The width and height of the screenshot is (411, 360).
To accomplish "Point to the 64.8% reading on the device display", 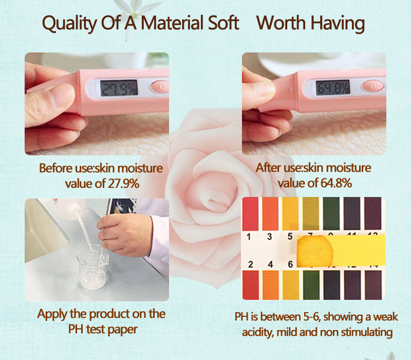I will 332,86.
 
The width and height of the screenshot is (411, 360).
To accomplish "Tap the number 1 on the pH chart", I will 249,237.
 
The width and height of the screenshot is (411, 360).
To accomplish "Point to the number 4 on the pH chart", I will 269,264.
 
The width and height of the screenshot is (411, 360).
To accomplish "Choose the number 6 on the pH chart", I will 290,264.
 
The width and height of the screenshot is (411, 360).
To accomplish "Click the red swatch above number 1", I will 250,214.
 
